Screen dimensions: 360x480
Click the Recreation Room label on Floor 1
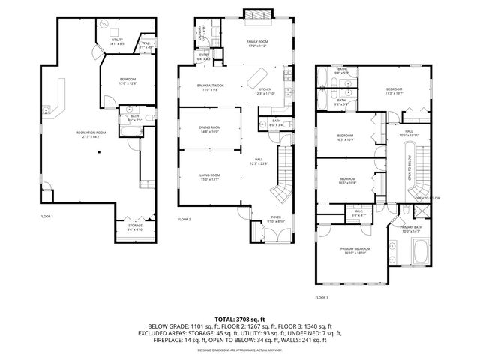coord(91,134)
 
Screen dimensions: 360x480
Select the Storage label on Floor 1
coord(135,226)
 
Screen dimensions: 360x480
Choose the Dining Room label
coord(210,129)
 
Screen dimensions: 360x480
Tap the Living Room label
coord(209,176)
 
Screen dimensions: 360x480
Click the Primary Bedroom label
coord(354,250)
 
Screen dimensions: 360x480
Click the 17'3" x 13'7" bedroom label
coord(394,91)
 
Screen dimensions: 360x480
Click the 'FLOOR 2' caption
coord(184,220)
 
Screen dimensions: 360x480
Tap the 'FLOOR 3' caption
coord(322,298)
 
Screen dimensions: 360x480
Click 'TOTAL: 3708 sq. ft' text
coord(239,319)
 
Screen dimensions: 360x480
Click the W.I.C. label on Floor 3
coord(359,213)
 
